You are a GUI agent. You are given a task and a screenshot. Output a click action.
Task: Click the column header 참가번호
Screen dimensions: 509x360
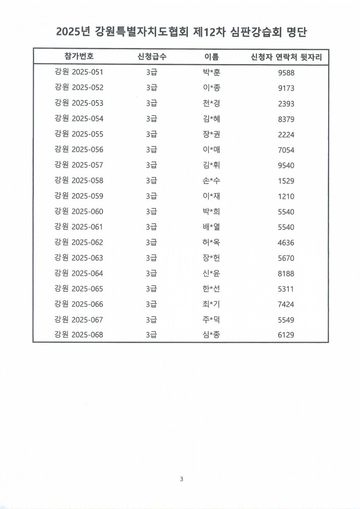click(x=79, y=57)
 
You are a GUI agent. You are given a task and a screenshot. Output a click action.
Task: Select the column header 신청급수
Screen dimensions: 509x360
click(x=152, y=57)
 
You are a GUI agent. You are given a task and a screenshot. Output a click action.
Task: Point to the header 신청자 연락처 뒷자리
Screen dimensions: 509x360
click(x=286, y=57)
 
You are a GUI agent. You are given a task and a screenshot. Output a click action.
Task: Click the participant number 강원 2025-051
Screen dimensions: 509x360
click(x=79, y=72)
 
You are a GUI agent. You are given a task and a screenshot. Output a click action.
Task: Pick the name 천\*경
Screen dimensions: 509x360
click(x=209, y=103)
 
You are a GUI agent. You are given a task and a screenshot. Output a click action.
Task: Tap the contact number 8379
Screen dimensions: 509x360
click(x=286, y=119)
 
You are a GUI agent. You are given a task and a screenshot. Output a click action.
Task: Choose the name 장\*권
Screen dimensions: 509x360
click(x=209, y=134)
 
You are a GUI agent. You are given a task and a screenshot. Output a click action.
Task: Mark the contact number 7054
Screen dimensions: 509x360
click(x=286, y=150)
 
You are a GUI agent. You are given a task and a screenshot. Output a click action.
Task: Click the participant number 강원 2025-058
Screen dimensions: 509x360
click(x=79, y=181)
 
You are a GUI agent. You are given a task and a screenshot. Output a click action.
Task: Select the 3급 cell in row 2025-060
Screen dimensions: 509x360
click(x=152, y=212)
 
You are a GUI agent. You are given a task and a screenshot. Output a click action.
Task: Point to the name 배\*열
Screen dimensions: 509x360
click(x=209, y=227)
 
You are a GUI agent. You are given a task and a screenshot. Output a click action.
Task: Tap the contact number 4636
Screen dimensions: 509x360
click(x=286, y=243)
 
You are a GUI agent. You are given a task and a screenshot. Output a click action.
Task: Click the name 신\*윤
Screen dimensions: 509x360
click(x=209, y=273)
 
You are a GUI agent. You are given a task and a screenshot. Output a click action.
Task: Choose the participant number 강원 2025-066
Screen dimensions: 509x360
click(x=79, y=304)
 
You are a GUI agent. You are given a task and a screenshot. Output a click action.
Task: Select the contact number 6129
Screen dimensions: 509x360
click(x=286, y=335)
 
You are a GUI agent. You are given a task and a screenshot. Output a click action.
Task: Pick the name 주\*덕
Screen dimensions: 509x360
click(x=209, y=320)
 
